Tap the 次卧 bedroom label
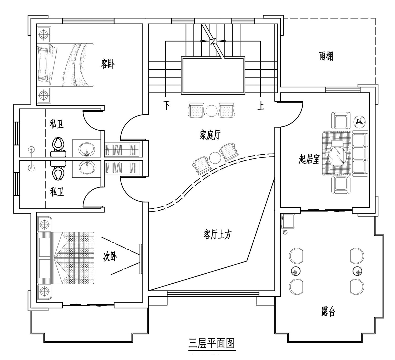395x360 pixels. [110, 257]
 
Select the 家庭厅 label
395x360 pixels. [210, 135]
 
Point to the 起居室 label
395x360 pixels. [309, 159]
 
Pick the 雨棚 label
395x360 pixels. [326, 56]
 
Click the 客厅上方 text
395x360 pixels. [218, 235]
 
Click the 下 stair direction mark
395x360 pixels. [167, 105]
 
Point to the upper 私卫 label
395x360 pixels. [57, 124]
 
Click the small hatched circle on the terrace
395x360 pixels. [285, 232]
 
